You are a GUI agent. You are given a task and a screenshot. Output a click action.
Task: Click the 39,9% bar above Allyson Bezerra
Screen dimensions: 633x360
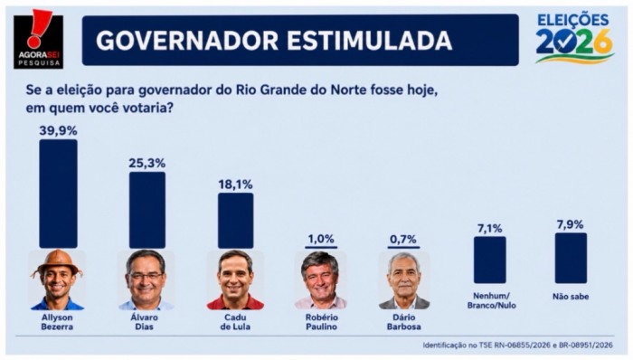[x=58, y=194]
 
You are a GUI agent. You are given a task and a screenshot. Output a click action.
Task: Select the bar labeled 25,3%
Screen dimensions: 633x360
[x=146, y=210]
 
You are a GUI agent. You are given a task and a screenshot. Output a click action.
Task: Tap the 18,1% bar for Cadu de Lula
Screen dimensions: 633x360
[x=236, y=221]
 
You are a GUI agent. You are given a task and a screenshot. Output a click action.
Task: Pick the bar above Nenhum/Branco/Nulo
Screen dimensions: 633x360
[x=490, y=260]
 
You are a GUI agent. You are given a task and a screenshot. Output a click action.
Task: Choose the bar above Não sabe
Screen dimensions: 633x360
[x=571, y=258]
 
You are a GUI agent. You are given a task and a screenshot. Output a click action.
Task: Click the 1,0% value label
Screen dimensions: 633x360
[x=321, y=239]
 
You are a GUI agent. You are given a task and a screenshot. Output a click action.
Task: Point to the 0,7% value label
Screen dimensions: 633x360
[x=403, y=240]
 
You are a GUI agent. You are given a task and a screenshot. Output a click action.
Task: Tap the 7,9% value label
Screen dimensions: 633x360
[x=571, y=224]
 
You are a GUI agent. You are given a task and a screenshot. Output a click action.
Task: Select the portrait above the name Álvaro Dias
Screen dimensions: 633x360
[x=146, y=280]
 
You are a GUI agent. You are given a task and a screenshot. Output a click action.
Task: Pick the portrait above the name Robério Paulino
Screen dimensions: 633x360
[x=321, y=280]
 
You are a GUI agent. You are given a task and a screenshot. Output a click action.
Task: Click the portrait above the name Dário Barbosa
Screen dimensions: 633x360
[x=404, y=280]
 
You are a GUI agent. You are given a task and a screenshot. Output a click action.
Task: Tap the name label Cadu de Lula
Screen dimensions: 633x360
[x=235, y=322]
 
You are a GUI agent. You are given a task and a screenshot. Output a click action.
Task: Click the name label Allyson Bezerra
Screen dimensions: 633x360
[x=57, y=322]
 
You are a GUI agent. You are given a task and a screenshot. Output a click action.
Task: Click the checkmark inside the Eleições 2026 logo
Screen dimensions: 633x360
[x=565, y=43]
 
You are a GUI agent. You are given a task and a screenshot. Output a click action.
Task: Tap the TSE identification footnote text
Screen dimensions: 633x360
[x=518, y=345]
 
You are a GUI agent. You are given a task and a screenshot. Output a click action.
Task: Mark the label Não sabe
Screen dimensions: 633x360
[x=571, y=297]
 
